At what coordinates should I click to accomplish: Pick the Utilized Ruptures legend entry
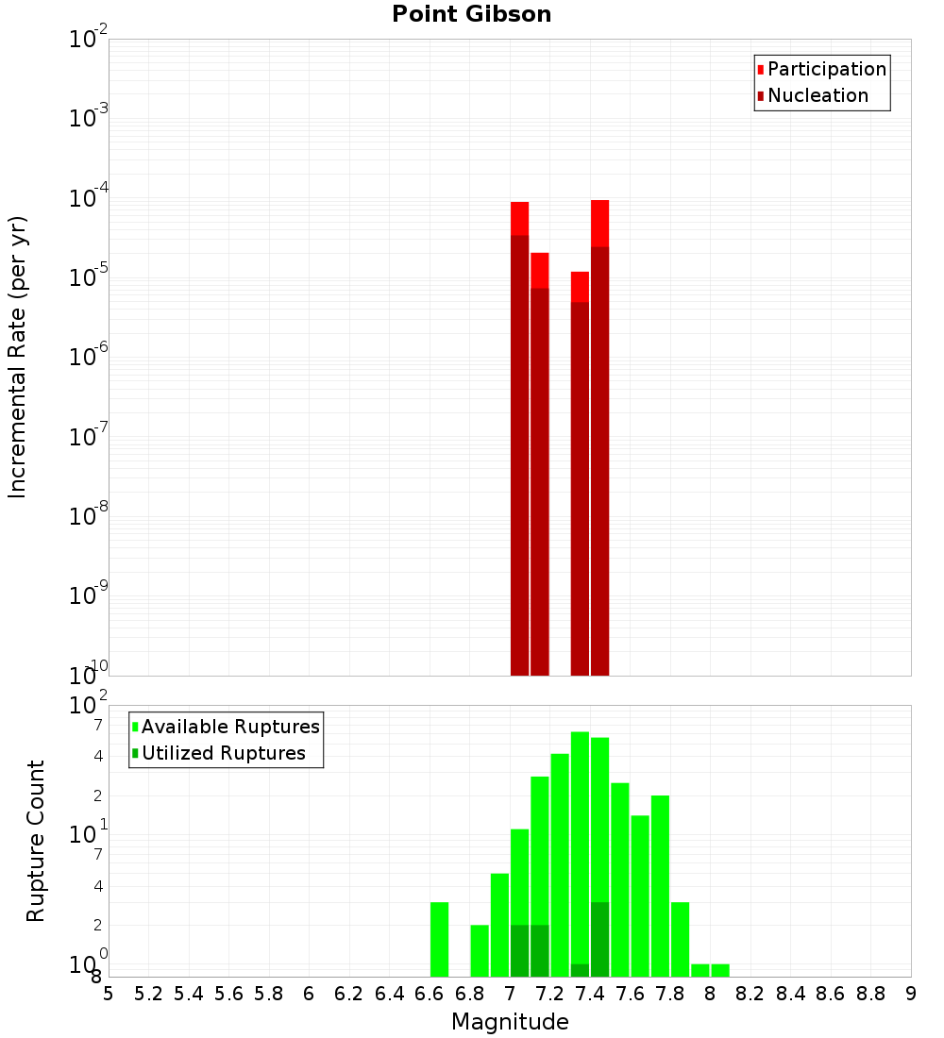[x=223, y=753]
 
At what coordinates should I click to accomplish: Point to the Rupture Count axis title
[x=36, y=841]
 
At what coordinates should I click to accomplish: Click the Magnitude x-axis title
[x=510, y=1022]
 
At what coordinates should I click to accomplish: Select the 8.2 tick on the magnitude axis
[x=750, y=994]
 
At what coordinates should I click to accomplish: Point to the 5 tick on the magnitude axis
[x=109, y=994]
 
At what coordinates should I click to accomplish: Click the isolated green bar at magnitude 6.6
[x=439, y=939]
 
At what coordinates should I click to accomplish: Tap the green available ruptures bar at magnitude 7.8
[x=660, y=885]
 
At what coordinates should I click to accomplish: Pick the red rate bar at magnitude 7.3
[x=580, y=472]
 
